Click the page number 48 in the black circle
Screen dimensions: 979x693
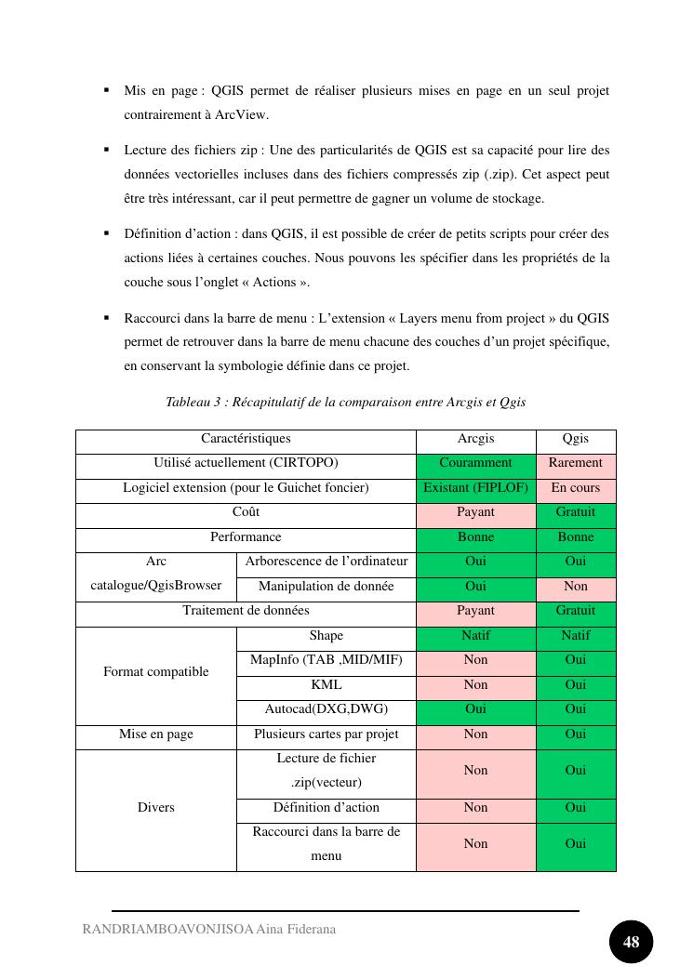point(631,942)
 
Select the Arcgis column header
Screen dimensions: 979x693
point(475,439)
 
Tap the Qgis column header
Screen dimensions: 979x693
point(576,439)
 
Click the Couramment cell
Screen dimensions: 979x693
point(475,463)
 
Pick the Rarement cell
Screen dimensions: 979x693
point(576,463)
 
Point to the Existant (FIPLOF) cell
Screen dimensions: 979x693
point(475,488)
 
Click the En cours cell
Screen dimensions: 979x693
point(576,488)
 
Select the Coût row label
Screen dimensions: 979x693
point(246,512)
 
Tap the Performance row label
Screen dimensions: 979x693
point(246,537)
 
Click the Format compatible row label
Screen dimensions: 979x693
point(155,672)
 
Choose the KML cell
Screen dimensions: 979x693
point(326,685)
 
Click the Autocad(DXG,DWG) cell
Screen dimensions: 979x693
point(326,709)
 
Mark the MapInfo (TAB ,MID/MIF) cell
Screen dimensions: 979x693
point(326,660)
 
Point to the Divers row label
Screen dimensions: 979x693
point(155,808)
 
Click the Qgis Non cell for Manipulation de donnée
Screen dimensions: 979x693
point(576,587)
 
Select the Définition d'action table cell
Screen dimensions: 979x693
point(326,808)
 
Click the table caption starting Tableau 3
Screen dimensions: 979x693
point(345,403)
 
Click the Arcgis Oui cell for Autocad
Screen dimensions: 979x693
point(475,709)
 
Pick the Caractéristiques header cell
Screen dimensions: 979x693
point(246,439)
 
